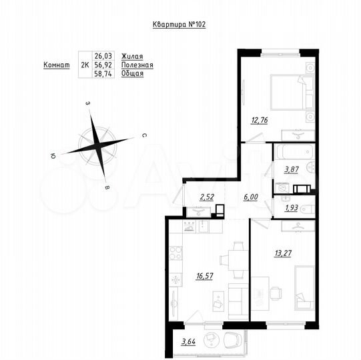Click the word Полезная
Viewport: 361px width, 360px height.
pyautogui.click(x=137, y=65)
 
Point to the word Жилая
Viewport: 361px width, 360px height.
pyautogui.click(x=132, y=57)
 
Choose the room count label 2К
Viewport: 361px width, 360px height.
pyautogui.click(x=85, y=65)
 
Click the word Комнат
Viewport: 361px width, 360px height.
pyautogui.click(x=57, y=65)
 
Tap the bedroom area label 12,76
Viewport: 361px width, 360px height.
pyautogui.click(x=260, y=121)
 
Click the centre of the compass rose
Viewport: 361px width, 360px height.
pyautogui.click(x=102, y=144)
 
